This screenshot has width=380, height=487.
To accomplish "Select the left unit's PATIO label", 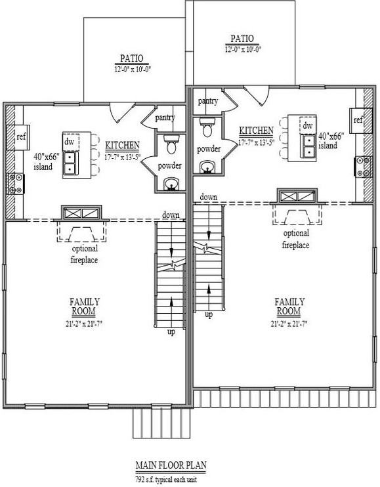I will [x=132, y=59].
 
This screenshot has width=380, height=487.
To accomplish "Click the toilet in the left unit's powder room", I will [x=171, y=142].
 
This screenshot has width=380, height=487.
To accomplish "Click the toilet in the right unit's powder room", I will [x=208, y=123].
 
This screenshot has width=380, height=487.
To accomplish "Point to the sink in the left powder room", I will [x=171, y=183].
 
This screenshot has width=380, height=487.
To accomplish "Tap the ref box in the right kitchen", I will [x=358, y=120].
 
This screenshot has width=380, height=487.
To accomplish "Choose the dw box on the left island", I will [x=70, y=141].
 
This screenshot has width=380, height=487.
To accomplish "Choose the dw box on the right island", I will [x=306, y=124].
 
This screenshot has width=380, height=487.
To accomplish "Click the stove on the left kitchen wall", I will [x=14, y=183].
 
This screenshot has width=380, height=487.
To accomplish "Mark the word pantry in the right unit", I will [x=207, y=100].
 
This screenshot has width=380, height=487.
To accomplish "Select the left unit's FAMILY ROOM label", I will [x=85, y=306].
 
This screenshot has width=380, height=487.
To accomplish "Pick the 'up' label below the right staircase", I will [x=209, y=315].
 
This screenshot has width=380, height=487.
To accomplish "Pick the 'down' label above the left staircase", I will [x=172, y=215].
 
